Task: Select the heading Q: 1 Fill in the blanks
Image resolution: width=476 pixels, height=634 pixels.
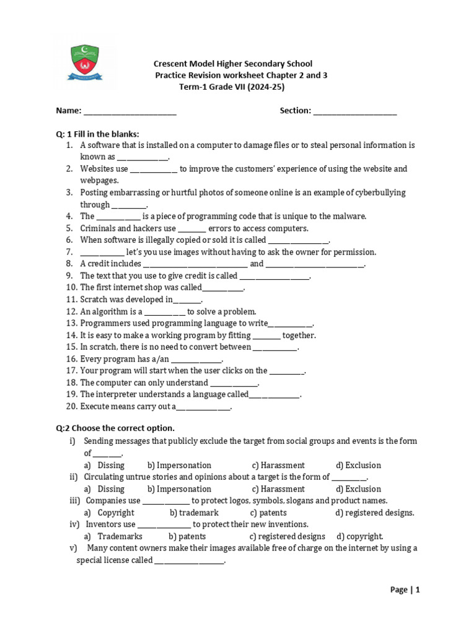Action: point(98,134)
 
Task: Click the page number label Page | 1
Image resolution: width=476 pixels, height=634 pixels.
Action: point(405,590)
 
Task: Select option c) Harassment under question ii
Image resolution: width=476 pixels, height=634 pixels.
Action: point(278,489)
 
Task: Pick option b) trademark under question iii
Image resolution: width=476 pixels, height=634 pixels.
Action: point(194,513)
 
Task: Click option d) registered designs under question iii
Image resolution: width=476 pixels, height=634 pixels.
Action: point(374,513)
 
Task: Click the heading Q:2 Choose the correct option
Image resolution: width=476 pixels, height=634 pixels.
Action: point(115,428)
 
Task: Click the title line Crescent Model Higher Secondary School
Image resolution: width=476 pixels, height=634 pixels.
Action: point(233,64)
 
